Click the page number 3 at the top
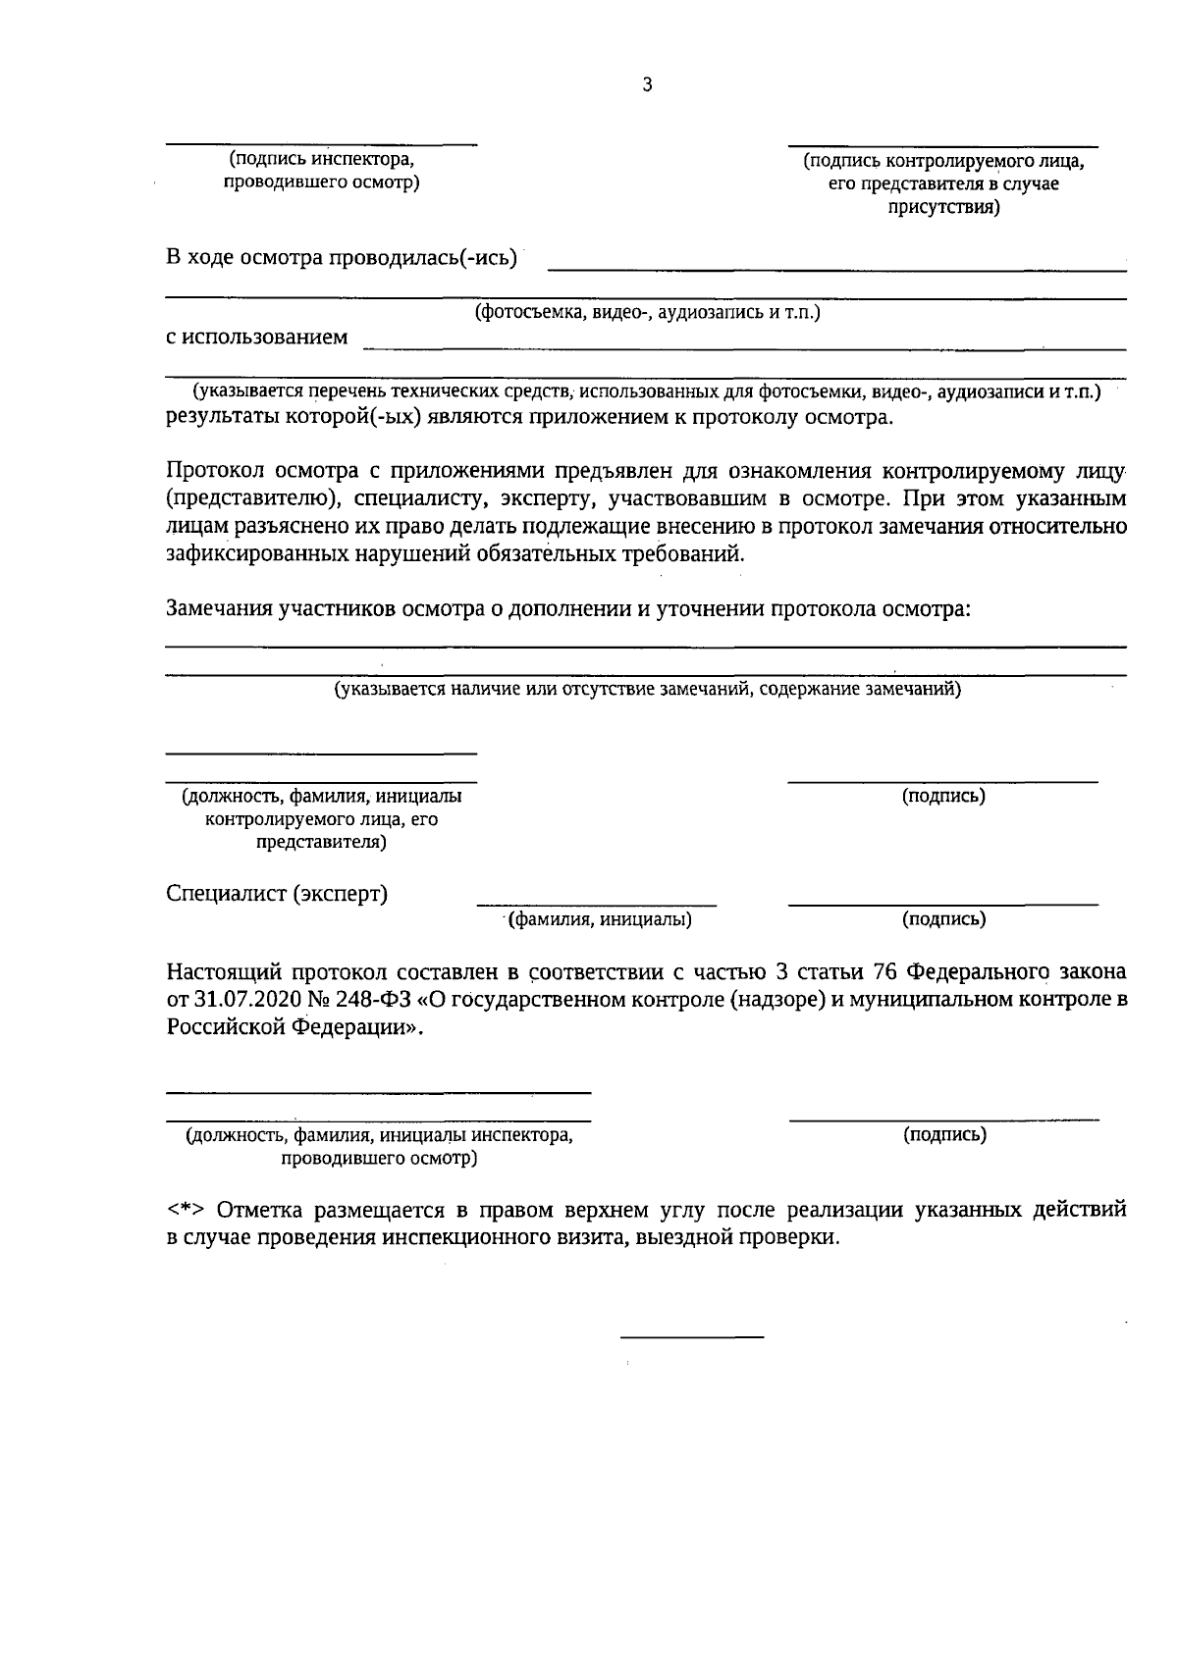647,85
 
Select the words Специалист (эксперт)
277,894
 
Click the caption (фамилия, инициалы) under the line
599,919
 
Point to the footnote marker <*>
185,1209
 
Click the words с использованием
256,338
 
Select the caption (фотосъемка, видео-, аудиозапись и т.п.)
647,313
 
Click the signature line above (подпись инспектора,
321,145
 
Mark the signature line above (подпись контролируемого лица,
942,145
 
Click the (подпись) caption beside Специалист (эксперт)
943,919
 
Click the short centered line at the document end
692,1336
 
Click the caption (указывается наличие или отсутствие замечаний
647,689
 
